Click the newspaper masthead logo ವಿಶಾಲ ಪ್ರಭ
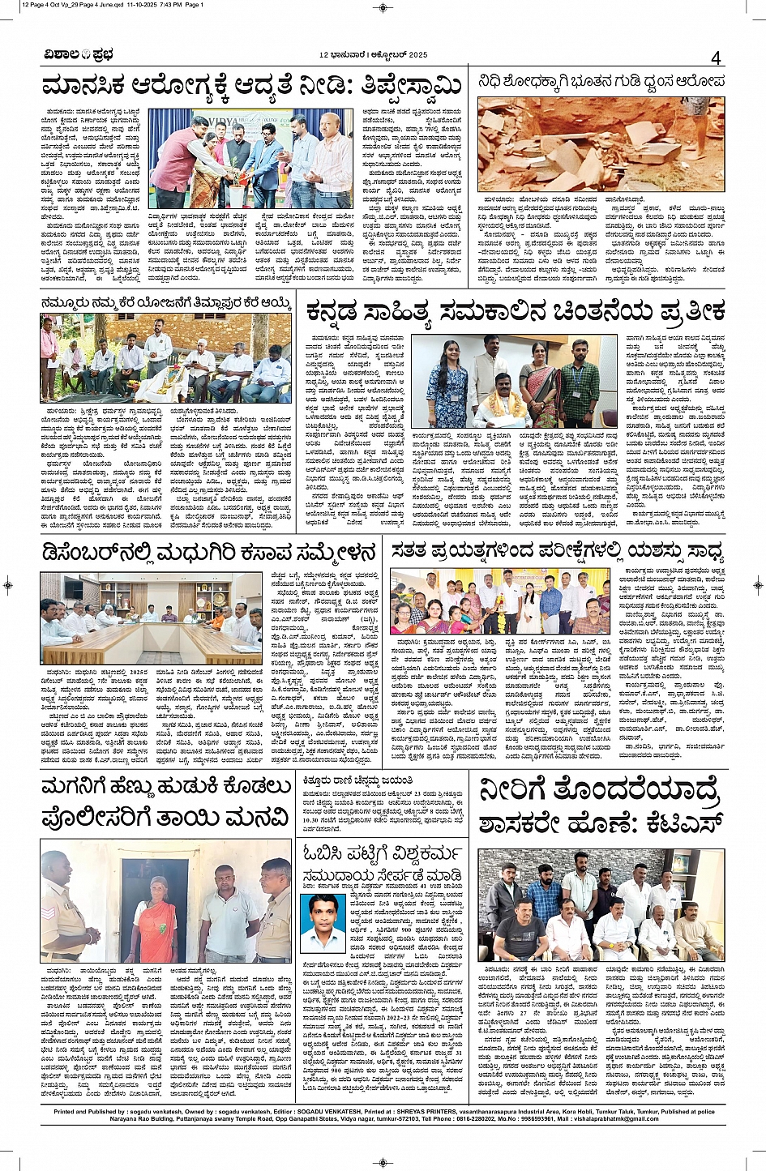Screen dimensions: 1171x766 (79, 55)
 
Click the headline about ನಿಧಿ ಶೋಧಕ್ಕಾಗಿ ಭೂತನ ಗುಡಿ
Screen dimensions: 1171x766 (601, 82)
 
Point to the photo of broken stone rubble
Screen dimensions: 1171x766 (601, 144)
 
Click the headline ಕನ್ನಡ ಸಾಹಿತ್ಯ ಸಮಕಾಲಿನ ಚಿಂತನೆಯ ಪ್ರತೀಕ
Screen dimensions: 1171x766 (515, 311)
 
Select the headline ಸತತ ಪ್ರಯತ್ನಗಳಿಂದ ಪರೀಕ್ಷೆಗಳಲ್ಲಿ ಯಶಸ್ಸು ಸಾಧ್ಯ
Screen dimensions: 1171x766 (558, 551)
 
